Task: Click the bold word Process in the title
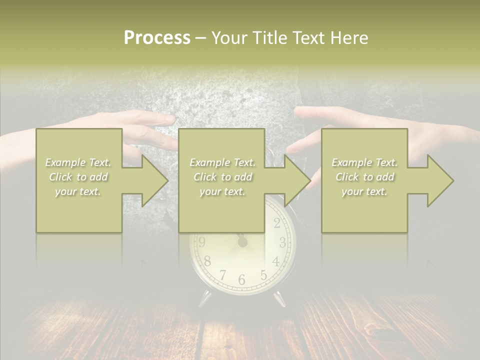coord(157,38)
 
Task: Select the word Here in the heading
coord(349,38)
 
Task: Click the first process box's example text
coord(78,177)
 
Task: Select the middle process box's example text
coord(222,177)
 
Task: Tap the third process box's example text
coord(364,177)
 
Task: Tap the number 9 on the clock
coord(202,243)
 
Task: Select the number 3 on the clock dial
coord(282,243)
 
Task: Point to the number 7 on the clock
coord(222,274)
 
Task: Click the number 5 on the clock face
coord(263,274)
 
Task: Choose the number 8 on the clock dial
coord(207,261)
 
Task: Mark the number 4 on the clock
coord(275,261)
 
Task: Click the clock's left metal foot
coord(205,298)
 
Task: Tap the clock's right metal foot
coord(279,298)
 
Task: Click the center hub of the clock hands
coord(242,242)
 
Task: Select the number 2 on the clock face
coord(276,223)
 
